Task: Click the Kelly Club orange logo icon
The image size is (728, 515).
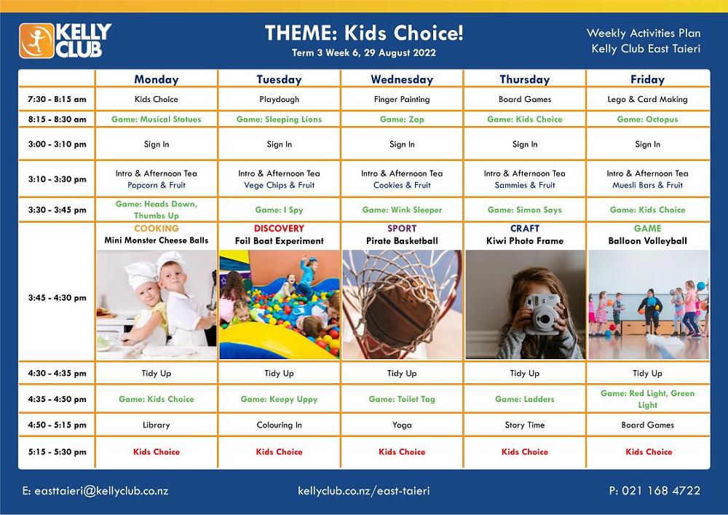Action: pyautogui.click(x=36, y=40)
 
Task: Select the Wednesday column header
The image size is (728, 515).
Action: pyautogui.click(x=402, y=79)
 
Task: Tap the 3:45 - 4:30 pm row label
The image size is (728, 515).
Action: pyautogui.click(x=57, y=298)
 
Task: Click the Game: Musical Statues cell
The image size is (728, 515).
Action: pyautogui.click(x=157, y=119)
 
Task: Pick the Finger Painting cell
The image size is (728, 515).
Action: pyautogui.click(x=402, y=99)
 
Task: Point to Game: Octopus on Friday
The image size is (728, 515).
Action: pyautogui.click(x=647, y=119)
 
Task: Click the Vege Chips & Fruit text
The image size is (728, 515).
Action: pyautogui.click(x=279, y=186)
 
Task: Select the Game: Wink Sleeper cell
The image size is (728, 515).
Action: pyautogui.click(x=402, y=210)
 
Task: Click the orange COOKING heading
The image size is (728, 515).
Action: pyautogui.click(x=157, y=229)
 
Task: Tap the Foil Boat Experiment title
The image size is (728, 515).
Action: pyautogui.click(x=279, y=240)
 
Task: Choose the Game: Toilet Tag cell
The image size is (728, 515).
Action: pyautogui.click(x=402, y=399)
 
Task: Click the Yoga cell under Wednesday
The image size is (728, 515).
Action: pyautogui.click(x=402, y=425)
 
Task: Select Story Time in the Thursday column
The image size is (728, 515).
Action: pyautogui.click(x=525, y=425)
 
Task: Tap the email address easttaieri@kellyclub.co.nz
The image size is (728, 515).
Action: pyautogui.click(x=95, y=491)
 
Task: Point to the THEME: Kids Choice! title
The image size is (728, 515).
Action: pyautogui.click(x=364, y=34)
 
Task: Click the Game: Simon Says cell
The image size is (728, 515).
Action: pyautogui.click(x=525, y=210)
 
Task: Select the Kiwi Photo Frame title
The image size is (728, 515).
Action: pyautogui.click(x=525, y=240)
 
